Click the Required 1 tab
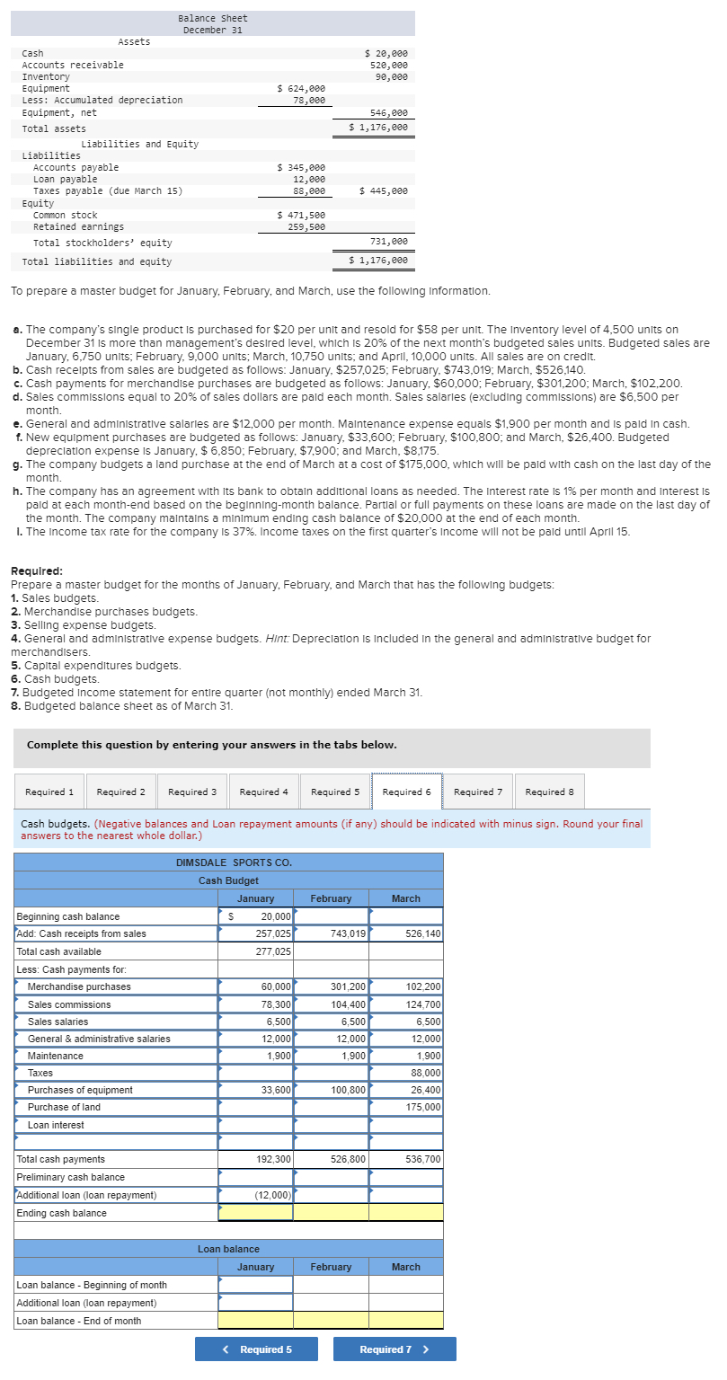pos(49,792)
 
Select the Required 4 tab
pos(263,792)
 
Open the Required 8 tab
pos(549,792)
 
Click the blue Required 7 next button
pos(394,1349)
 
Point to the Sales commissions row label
pos(69,1004)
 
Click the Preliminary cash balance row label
pos(70,1177)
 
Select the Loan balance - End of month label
pos(78,1321)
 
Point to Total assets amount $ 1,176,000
pos(378,128)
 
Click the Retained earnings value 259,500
pos(306,227)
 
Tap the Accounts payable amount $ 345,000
pos(301,167)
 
